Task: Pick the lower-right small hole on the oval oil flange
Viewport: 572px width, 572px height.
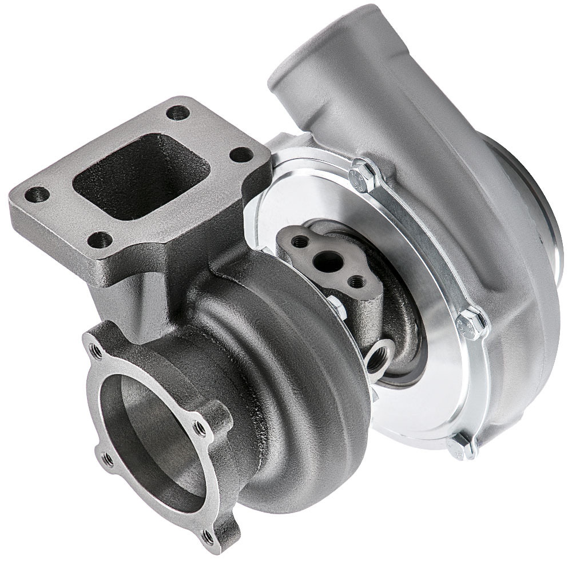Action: pyautogui.click(x=357, y=281)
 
